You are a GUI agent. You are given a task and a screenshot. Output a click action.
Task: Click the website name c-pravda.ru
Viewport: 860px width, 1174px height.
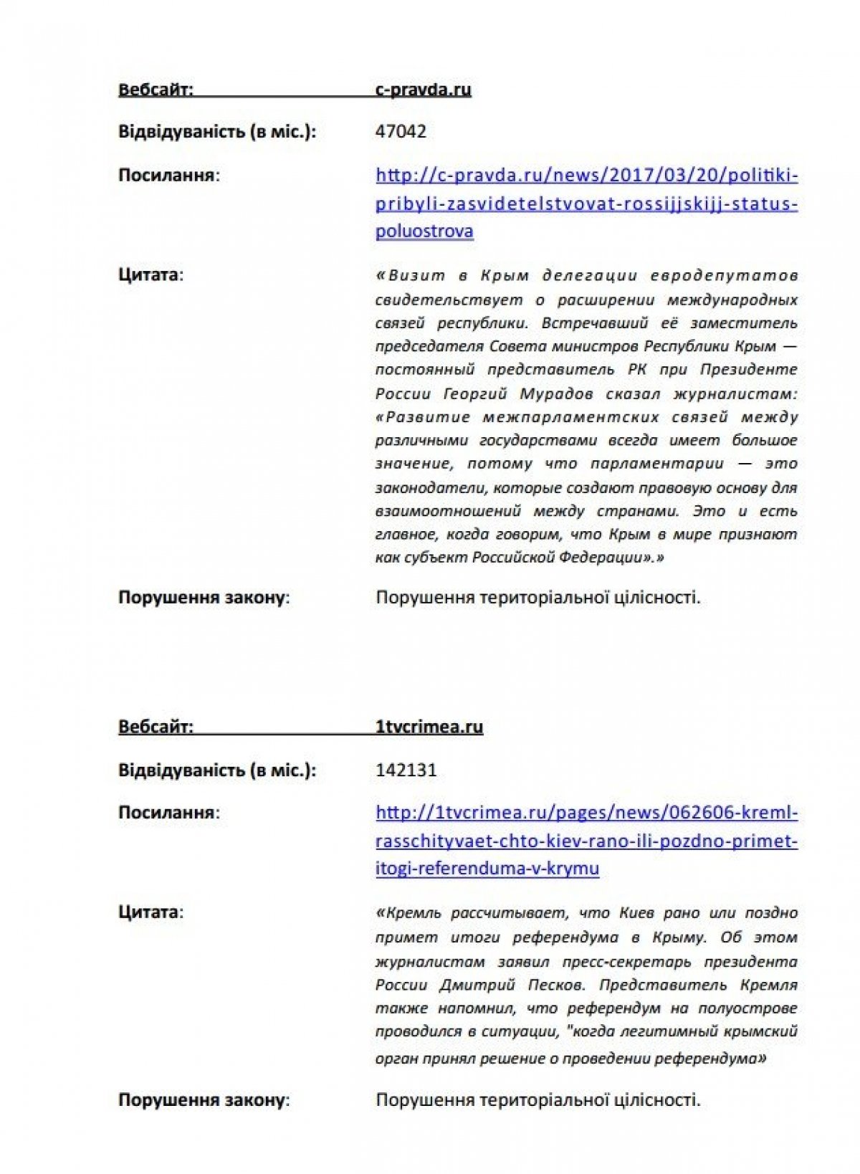pos(423,90)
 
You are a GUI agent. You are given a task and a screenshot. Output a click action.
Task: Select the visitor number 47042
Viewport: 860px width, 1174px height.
pos(401,132)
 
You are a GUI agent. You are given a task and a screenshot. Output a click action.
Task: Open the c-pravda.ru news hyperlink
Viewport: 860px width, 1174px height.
pos(586,203)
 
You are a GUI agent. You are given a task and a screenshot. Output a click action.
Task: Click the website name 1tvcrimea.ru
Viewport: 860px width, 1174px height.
pos(429,727)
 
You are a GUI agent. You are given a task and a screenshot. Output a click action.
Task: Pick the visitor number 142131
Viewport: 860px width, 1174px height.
pos(406,770)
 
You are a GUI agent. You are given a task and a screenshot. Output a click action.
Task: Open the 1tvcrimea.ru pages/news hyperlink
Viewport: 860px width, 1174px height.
pos(586,840)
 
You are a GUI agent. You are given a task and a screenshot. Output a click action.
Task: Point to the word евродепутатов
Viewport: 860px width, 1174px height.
pos(724,276)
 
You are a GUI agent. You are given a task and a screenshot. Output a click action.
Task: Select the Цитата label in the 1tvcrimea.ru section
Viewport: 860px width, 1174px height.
pos(150,912)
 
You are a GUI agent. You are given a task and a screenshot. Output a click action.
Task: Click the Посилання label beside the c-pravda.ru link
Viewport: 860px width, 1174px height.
pos(168,176)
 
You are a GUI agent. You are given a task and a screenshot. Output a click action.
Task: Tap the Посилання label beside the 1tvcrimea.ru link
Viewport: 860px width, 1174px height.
pos(168,813)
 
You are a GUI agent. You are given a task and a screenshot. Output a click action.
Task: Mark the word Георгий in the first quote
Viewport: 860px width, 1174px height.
pos(475,393)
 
